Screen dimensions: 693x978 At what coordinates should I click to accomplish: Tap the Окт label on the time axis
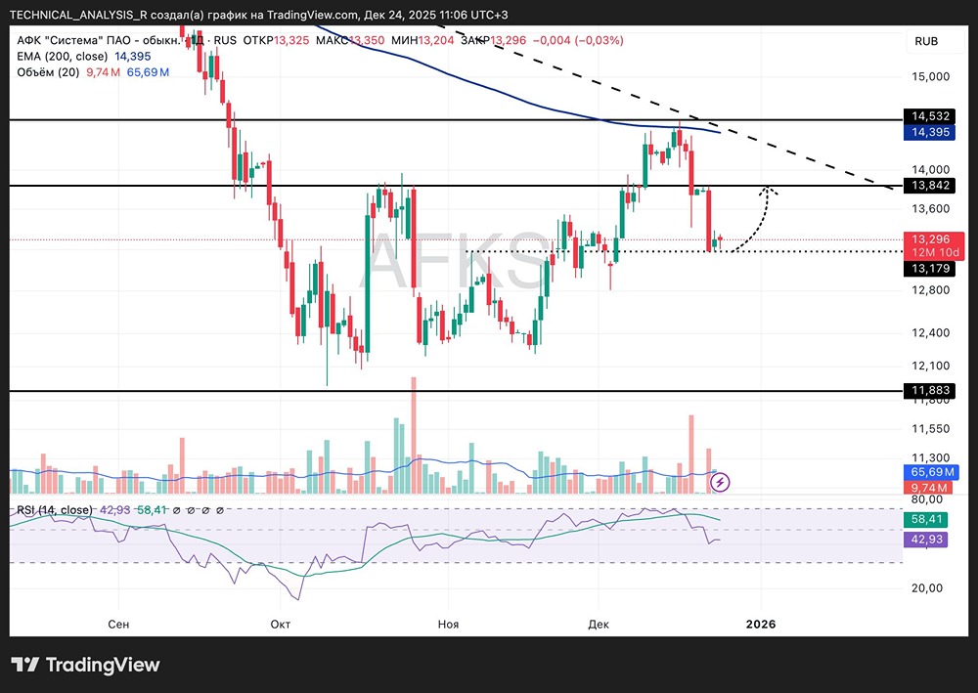pyautogui.click(x=282, y=624)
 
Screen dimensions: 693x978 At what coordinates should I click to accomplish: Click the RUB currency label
pyautogui.click(x=925, y=41)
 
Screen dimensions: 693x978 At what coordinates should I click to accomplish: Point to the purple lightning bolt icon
pyautogui.click(x=721, y=481)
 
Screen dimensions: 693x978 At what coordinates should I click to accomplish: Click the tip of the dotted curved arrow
pyautogui.click(x=770, y=189)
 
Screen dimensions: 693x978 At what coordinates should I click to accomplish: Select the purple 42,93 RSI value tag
pyautogui.click(x=925, y=540)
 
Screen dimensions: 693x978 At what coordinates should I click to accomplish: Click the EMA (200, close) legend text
pyautogui.click(x=61, y=57)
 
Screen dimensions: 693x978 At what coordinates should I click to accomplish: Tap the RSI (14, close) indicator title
pyautogui.click(x=55, y=510)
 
